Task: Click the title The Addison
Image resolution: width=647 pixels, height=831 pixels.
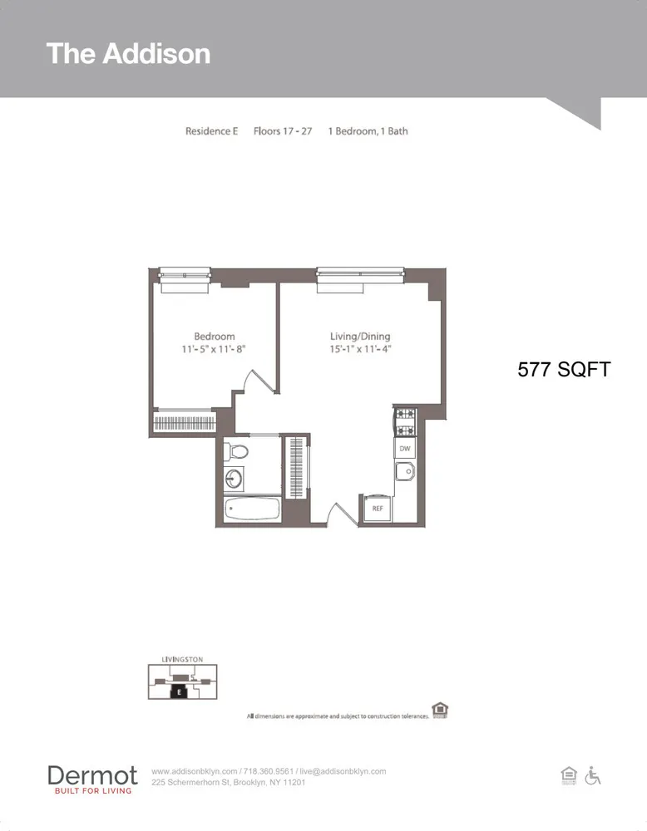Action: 128,53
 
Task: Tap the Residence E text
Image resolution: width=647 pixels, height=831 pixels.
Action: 211,131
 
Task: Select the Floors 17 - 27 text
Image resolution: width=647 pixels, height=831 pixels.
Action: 283,131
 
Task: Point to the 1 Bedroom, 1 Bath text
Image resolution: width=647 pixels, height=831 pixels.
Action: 368,131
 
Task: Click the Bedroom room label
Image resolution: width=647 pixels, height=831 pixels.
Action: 214,337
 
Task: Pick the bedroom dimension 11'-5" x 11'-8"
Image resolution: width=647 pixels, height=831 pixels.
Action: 214,350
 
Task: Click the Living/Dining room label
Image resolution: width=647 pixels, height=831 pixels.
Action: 360,337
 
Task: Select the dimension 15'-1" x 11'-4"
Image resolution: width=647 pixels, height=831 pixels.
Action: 360,350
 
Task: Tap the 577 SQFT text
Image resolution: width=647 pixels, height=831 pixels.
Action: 564,370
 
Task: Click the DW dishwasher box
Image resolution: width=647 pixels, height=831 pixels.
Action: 404,449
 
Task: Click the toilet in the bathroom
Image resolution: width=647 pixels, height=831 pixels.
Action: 235,452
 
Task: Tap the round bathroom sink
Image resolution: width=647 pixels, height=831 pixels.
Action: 234,479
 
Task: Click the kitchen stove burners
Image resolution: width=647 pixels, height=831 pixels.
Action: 404,421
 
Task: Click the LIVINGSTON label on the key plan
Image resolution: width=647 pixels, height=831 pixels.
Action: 181,659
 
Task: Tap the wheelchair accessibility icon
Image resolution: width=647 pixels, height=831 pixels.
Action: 593,775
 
